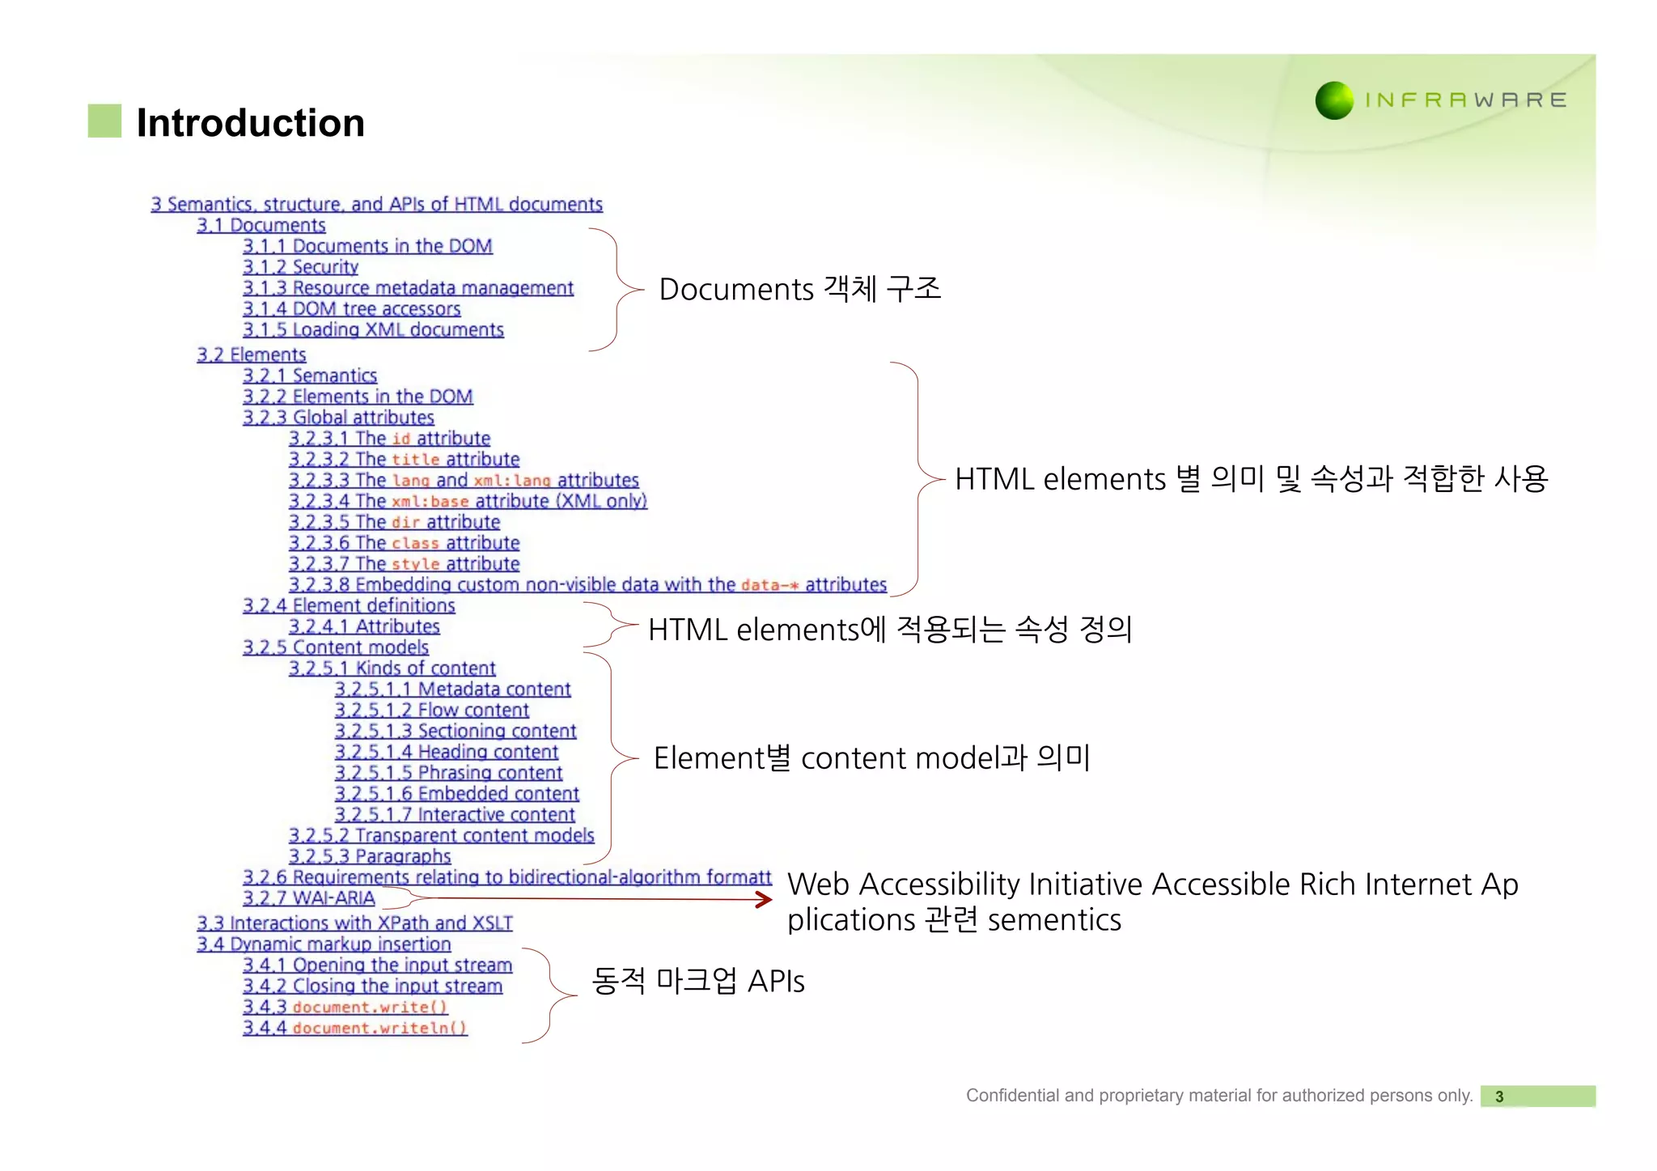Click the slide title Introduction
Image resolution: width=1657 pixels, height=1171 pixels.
[250, 123]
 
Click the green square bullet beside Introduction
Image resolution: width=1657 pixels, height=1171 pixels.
[104, 121]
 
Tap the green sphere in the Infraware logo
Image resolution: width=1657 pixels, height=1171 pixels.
[1334, 100]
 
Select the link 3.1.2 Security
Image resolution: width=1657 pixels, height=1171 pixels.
[300, 267]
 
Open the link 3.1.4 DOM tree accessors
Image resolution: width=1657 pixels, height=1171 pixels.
[351, 309]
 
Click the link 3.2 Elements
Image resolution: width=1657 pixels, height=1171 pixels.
[251, 355]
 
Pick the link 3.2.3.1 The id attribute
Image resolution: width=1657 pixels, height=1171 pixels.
[389, 439]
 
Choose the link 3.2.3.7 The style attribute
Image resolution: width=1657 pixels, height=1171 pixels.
[404, 564]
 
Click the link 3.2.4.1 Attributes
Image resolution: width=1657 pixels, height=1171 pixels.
[364, 627]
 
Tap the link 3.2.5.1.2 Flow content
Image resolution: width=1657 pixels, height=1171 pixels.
[431, 711]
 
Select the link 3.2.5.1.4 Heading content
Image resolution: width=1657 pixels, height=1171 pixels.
[446, 753]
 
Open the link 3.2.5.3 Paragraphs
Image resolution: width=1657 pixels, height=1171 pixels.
[370, 857]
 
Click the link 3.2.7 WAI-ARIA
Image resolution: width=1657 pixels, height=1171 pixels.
[308, 898]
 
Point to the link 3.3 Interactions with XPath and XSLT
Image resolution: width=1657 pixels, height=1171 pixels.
[354, 923]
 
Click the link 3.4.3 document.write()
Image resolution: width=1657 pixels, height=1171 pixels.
[345, 1008]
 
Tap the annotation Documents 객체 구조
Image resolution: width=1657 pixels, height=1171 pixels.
[799, 290]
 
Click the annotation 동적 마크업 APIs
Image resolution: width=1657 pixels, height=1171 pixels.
[697, 981]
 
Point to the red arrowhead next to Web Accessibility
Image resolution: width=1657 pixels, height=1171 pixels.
[764, 899]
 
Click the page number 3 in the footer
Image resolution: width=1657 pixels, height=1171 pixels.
[1499, 1097]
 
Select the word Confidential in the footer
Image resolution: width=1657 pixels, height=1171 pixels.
[1012, 1096]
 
